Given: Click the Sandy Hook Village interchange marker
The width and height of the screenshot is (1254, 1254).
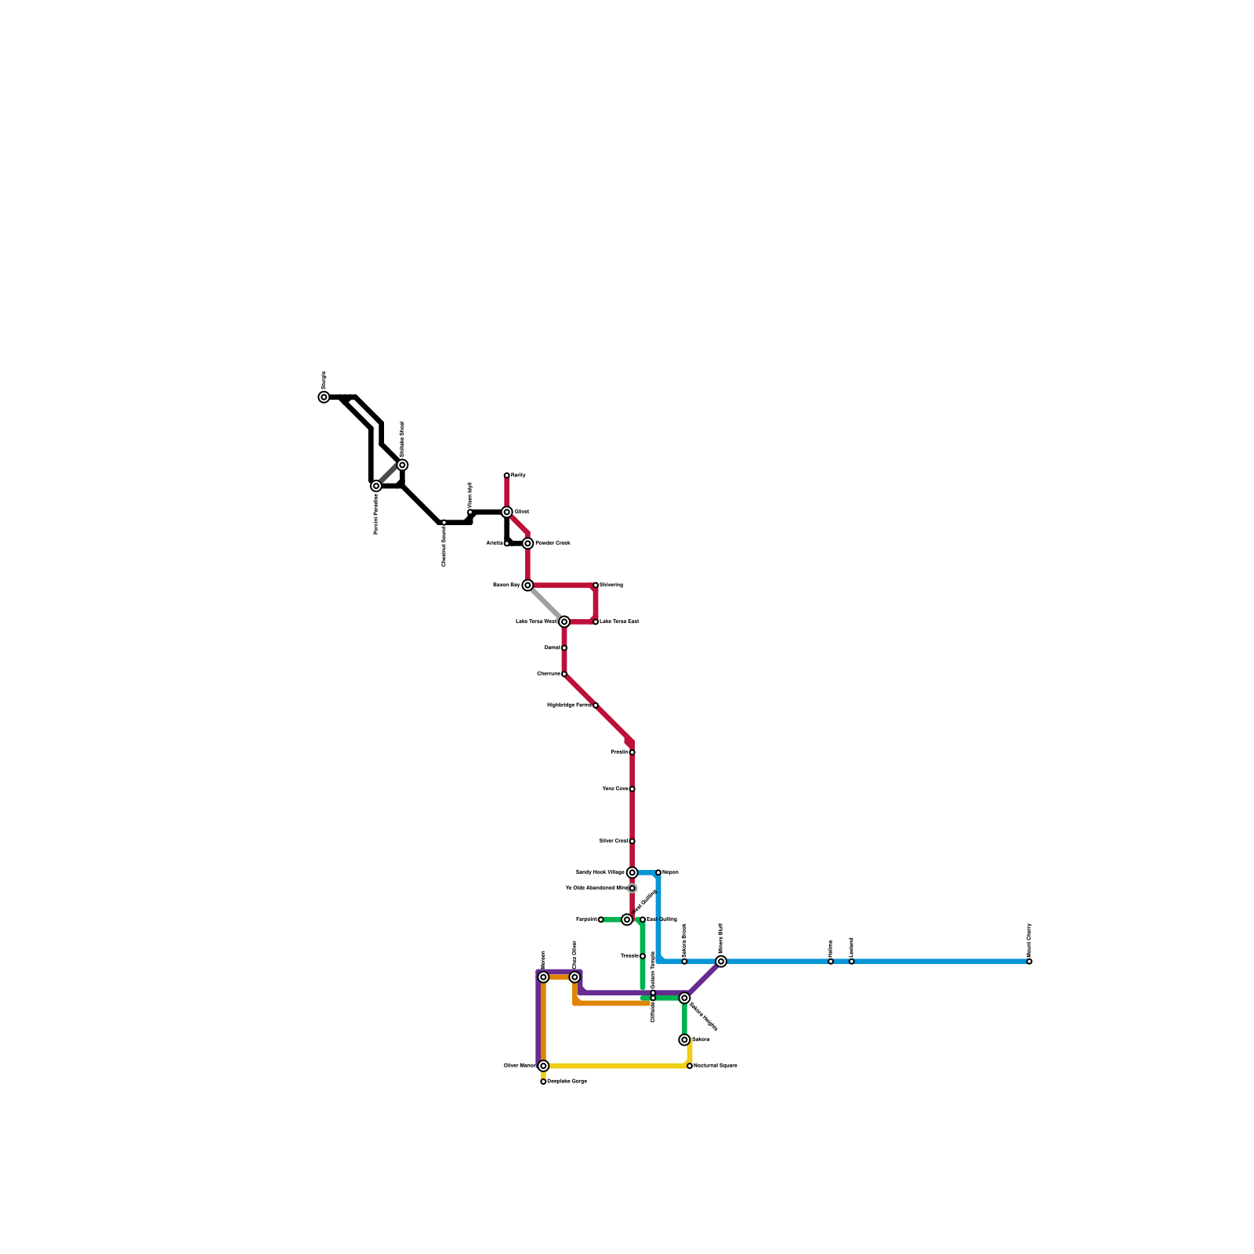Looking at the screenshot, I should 632,872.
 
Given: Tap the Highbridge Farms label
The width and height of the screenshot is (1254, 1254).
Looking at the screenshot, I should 569,705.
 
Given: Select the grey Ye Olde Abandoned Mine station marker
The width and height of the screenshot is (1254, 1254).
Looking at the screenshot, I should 632,888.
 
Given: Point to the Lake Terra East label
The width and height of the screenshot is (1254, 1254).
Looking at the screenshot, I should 619,622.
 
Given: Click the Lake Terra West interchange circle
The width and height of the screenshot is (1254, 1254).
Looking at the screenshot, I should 564,622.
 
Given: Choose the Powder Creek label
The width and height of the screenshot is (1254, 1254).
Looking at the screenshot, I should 553,543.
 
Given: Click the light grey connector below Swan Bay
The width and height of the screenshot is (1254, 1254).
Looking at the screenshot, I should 545,603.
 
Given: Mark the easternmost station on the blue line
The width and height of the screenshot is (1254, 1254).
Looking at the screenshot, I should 1029,962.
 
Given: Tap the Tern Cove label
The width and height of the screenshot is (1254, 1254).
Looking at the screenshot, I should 615,789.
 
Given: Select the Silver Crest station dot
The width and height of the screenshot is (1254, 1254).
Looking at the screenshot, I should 632,841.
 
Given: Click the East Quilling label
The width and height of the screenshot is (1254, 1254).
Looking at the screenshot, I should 661,919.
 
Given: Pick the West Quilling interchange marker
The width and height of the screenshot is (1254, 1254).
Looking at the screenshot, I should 627,919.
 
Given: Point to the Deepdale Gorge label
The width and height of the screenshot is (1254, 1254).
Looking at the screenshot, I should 567,1082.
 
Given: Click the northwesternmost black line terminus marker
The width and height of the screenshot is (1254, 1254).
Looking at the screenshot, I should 324,397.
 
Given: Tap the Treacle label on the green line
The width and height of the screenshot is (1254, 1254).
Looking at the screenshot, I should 629,956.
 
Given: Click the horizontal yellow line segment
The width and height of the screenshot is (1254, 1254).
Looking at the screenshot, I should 616,1066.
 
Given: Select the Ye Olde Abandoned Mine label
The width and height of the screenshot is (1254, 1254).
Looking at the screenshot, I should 596,888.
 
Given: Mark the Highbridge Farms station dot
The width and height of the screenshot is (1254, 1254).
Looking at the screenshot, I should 596,705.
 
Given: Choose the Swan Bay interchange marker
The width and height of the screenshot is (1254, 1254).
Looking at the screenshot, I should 527,585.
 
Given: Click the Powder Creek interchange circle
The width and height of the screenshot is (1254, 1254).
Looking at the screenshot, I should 527,543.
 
